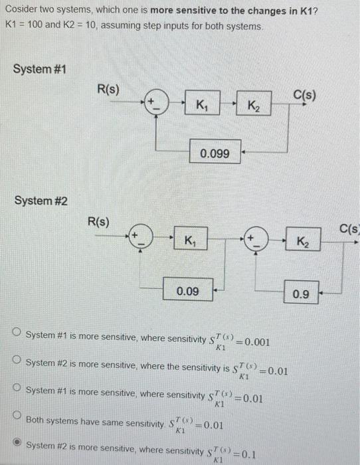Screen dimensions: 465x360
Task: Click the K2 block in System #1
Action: pos(254,105)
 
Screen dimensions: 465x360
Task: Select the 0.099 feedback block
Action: pos(215,153)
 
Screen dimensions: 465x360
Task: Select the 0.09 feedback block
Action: pos(189,290)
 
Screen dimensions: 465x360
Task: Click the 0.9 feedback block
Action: pos(301,292)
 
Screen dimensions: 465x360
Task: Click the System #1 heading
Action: pos(39,70)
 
